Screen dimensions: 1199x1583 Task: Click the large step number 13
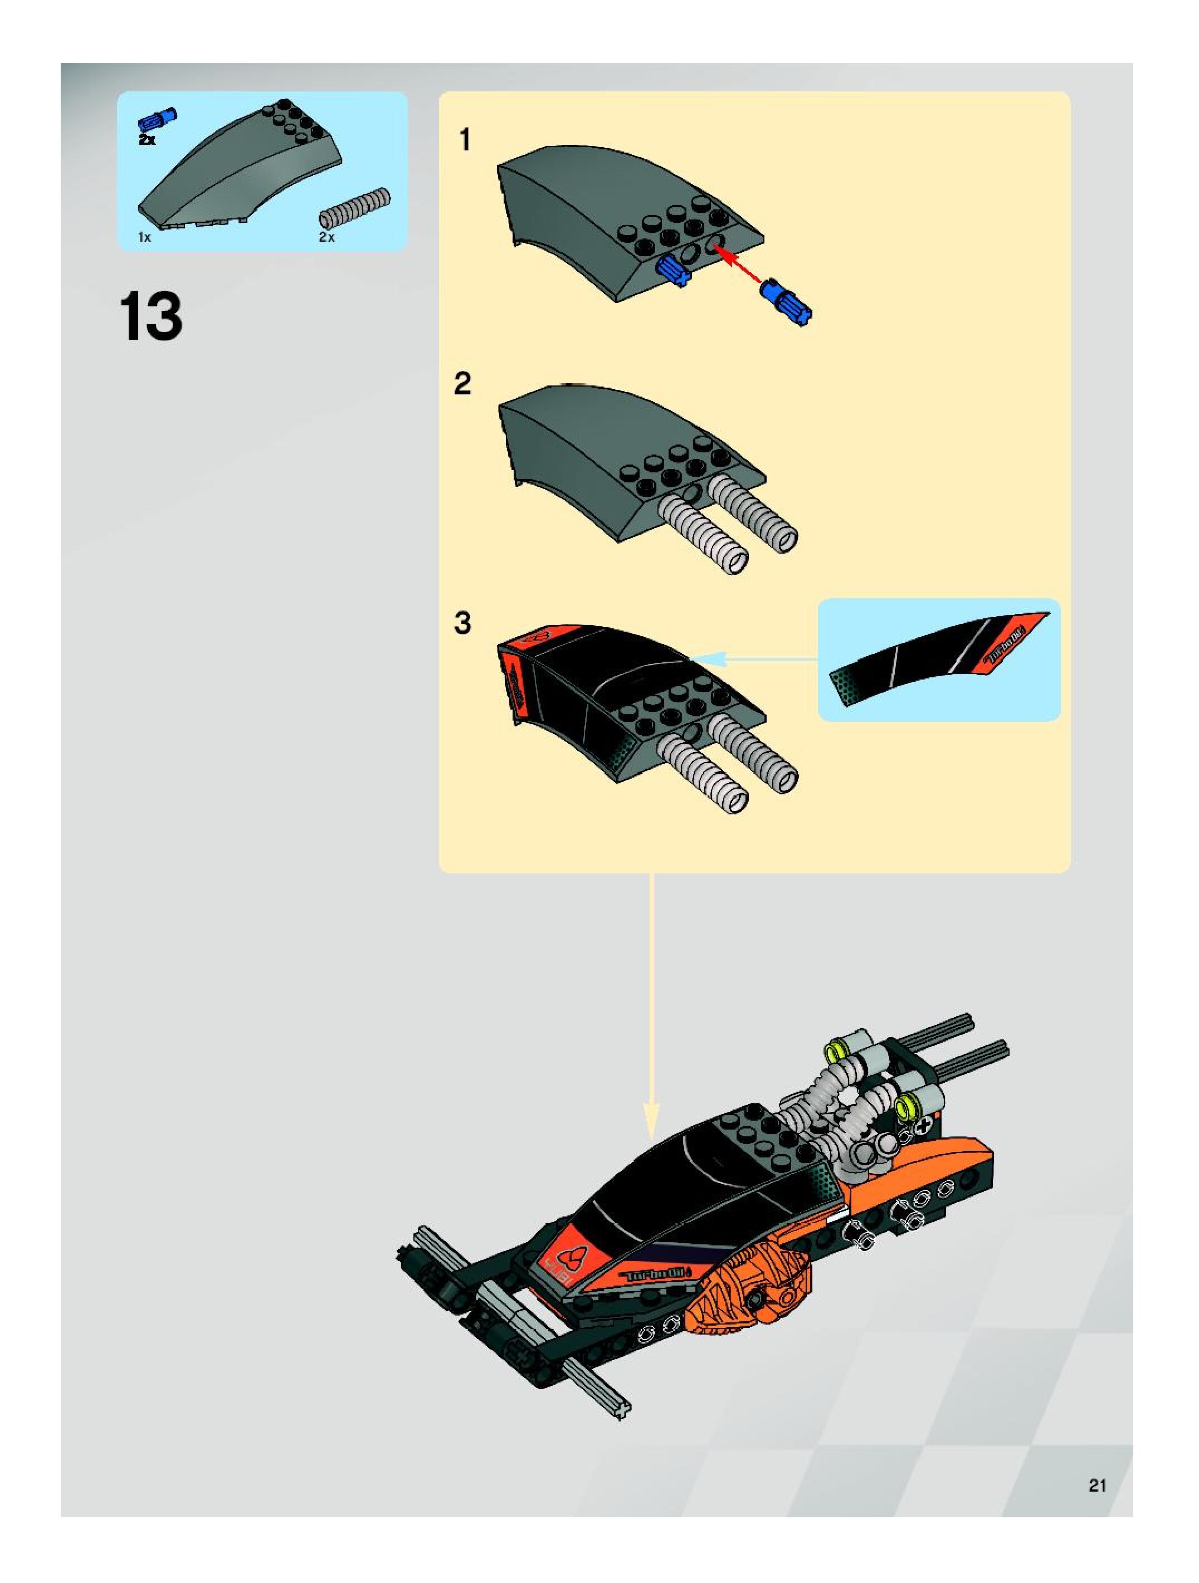151,317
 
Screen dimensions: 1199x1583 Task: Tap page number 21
1096,1485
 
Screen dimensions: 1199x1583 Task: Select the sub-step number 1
465,140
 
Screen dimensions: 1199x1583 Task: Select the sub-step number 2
463,384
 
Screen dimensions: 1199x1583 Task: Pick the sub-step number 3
463,623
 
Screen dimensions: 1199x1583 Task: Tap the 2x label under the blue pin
147,140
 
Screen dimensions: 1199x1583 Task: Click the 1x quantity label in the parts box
145,237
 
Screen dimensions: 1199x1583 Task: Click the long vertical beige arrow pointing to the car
651,1002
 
